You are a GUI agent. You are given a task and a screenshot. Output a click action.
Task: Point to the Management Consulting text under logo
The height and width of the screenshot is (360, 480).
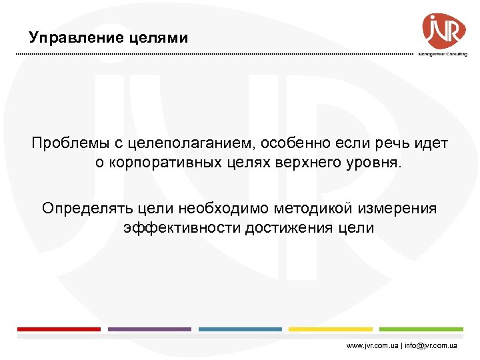point(443,54)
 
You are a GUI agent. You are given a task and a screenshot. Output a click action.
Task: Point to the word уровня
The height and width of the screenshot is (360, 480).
point(375,163)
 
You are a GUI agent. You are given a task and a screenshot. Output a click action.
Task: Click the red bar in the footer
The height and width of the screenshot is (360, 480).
point(59,329)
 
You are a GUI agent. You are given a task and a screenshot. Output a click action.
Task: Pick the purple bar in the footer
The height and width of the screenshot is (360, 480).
point(149,329)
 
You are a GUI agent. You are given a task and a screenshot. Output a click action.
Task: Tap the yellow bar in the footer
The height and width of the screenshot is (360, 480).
point(331,329)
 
